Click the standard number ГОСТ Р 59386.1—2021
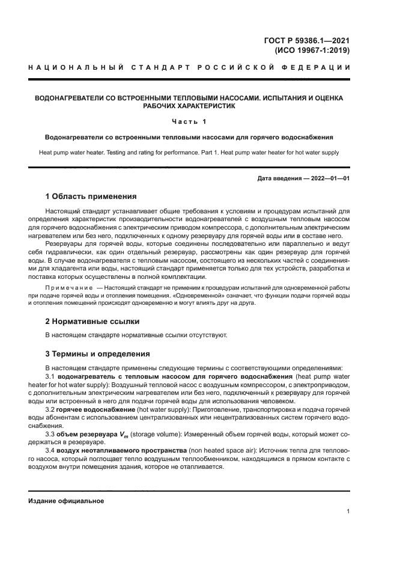(x=307, y=40)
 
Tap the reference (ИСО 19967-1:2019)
(x=312, y=50)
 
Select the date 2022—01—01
(x=329, y=179)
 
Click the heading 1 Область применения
(x=91, y=196)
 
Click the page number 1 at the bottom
(x=348, y=512)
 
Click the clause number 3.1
(x=50, y=376)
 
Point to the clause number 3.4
(x=50, y=450)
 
